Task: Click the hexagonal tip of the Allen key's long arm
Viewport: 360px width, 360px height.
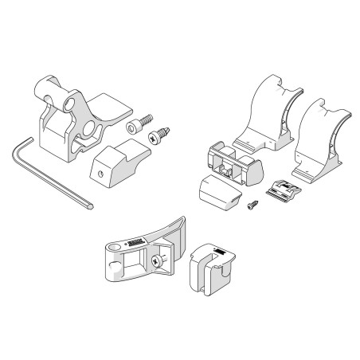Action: click(93, 205)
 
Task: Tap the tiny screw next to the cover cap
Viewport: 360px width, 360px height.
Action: click(251, 205)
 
